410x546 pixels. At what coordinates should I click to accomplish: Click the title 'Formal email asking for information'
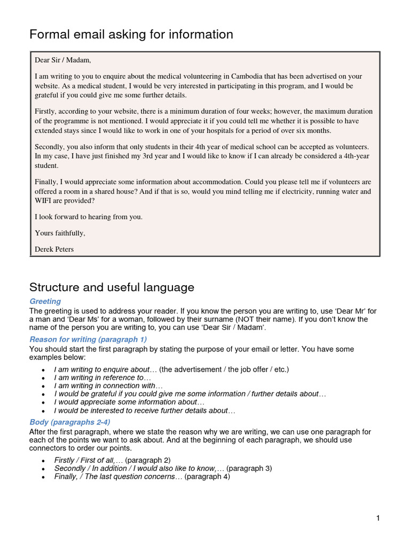pos(131,35)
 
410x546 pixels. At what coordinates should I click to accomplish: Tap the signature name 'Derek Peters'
pos(54,249)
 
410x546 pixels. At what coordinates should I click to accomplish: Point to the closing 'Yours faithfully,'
pos(60,233)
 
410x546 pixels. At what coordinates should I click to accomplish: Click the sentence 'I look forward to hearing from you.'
pos(89,217)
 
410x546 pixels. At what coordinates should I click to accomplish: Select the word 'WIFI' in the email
pos(44,201)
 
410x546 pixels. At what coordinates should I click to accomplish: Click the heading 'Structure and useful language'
pos(112,287)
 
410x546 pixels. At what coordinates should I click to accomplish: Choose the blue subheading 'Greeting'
pos(45,302)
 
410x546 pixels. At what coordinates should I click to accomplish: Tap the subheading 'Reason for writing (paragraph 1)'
pos(88,339)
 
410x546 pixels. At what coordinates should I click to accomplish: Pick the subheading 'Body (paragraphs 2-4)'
pos(70,422)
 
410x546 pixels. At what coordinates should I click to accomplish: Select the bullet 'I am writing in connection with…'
pos(108,386)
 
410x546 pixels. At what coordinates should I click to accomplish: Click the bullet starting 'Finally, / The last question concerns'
pos(141,477)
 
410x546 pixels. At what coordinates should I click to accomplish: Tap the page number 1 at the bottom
pos(377,518)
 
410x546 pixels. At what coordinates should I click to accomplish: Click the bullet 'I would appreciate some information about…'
pos(129,402)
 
